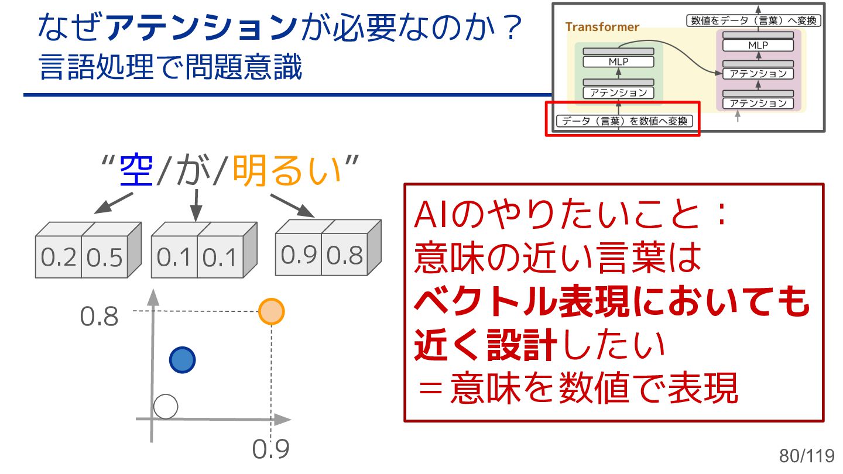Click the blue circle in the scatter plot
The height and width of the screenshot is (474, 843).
pos(182,360)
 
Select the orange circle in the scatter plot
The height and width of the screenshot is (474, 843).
pos(271,311)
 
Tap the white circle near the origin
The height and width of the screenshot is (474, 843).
pos(165,406)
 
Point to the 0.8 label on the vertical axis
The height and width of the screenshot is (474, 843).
pos(99,317)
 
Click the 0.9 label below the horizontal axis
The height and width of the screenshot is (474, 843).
pos(271,449)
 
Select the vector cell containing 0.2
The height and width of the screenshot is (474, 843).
pos(59,257)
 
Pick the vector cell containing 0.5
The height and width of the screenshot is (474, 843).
pos(104,257)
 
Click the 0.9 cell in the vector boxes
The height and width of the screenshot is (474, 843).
pos(299,255)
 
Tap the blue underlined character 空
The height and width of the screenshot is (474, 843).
pos(136,170)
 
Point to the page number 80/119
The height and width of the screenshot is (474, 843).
pos(806,455)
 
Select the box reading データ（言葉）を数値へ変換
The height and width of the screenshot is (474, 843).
pos(624,122)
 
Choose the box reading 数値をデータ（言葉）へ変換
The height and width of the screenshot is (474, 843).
pos(754,20)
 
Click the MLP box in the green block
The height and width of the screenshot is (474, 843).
pos(618,61)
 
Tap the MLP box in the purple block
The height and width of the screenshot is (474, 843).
pos(758,45)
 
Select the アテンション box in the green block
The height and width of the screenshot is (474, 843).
pos(618,92)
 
